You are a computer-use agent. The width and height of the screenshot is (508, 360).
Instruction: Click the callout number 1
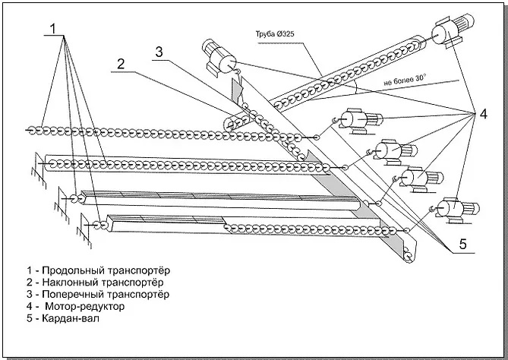click(54, 28)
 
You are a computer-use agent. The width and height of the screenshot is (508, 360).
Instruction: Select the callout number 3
click(158, 52)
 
